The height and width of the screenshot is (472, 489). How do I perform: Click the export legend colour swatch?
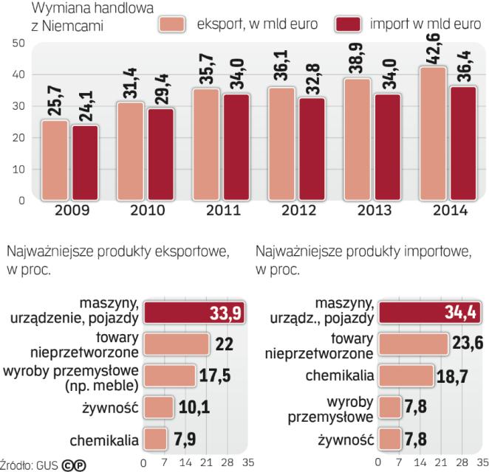point(174,24)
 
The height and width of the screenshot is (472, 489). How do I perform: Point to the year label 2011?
point(221,212)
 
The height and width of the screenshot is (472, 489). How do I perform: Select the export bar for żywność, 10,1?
point(157,407)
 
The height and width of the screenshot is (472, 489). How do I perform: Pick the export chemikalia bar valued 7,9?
point(154,440)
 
